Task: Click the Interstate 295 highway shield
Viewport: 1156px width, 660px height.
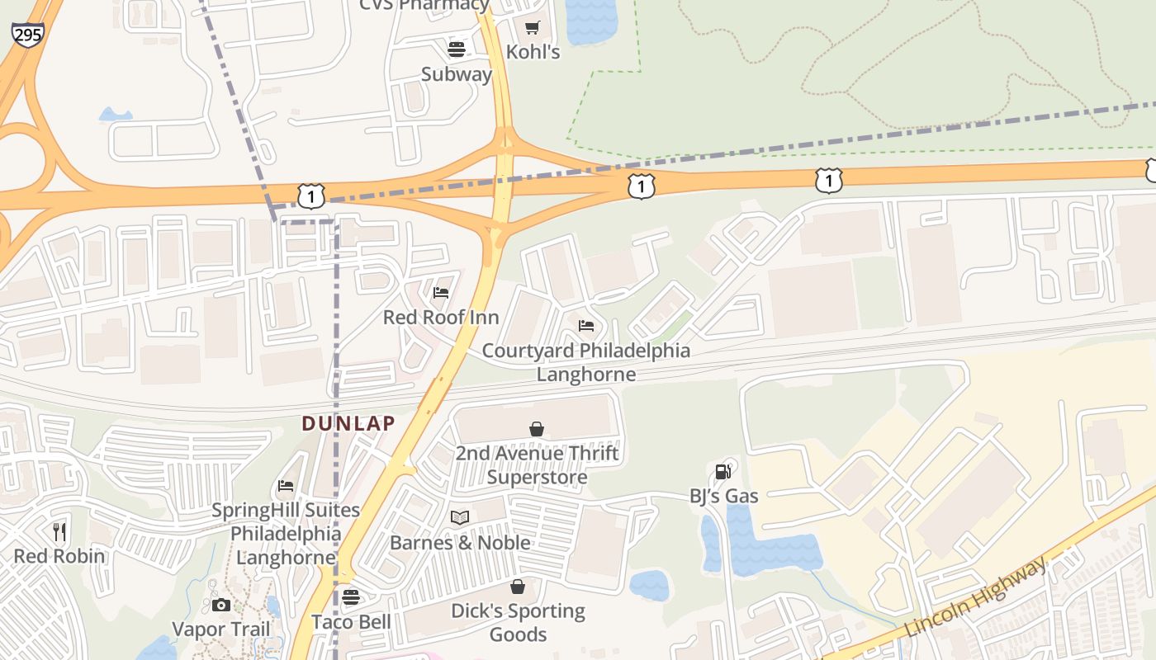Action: click(x=27, y=34)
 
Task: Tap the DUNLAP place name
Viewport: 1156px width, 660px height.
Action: click(x=348, y=424)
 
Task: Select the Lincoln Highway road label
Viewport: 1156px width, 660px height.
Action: click(x=976, y=596)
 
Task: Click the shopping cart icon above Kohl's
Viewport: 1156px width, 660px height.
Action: click(x=533, y=28)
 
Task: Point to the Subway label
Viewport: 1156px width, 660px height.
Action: click(x=457, y=74)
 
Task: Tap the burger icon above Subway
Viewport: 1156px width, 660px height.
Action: click(x=457, y=49)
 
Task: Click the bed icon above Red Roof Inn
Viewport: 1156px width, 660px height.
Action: click(x=441, y=292)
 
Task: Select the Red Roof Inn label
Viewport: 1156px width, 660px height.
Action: click(x=441, y=318)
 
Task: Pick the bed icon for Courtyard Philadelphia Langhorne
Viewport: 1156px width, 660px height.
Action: click(x=586, y=326)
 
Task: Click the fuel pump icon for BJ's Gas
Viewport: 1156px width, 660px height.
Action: click(x=723, y=471)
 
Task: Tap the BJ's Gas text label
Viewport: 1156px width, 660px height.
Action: click(x=724, y=496)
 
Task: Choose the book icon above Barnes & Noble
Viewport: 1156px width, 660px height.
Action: click(x=460, y=518)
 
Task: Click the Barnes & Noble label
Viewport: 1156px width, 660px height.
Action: click(x=460, y=543)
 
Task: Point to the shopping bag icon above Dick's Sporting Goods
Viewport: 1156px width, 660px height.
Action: click(x=518, y=587)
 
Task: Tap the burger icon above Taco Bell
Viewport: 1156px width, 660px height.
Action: click(x=351, y=596)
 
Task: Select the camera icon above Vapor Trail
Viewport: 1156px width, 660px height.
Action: click(x=220, y=605)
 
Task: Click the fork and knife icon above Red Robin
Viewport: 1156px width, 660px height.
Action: click(x=59, y=531)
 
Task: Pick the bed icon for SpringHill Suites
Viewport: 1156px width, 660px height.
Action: click(x=286, y=486)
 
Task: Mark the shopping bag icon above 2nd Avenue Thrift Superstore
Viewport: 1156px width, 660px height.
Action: click(x=537, y=428)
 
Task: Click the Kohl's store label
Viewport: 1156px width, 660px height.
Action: click(x=533, y=53)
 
